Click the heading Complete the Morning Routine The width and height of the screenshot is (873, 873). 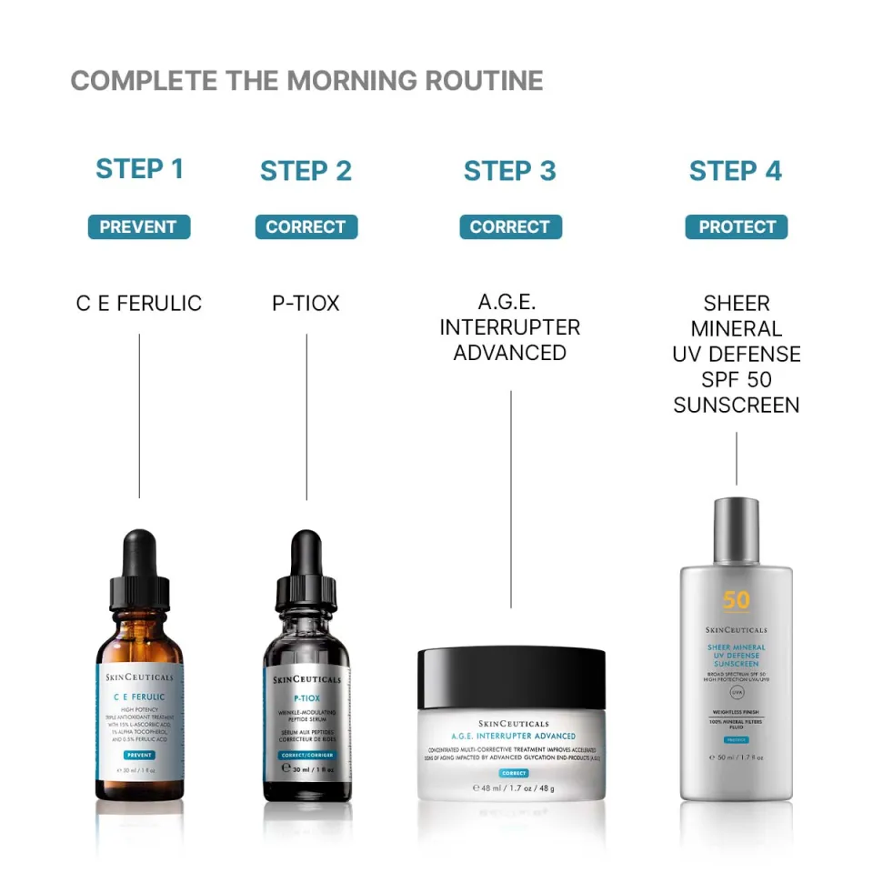[x=306, y=81]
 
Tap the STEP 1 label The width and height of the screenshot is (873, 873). [x=139, y=169]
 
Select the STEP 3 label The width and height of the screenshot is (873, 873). [x=509, y=171]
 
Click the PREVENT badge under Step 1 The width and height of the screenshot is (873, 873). [x=139, y=226]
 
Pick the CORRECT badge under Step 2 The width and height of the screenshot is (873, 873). [x=306, y=226]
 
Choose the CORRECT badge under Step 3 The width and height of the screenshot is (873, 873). [x=509, y=226]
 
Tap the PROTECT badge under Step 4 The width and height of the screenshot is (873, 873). [x=737, y=226]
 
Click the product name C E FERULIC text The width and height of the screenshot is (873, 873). [x=139, y=304]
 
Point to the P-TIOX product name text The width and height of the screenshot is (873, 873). [x=306, y=304]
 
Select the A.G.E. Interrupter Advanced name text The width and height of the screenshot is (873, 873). [x=509, y=327]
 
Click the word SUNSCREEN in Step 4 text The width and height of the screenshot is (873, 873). [x=737, y=405]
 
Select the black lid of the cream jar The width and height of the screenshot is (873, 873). [x=511, y=678]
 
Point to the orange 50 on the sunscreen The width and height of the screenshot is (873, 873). [x=737, y=600]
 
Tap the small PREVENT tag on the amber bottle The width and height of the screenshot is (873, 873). [x=139, y=755]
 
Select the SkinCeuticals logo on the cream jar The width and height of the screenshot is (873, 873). [x=512, y=724]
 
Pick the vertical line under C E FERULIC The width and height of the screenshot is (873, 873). [x=139, y=415]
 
